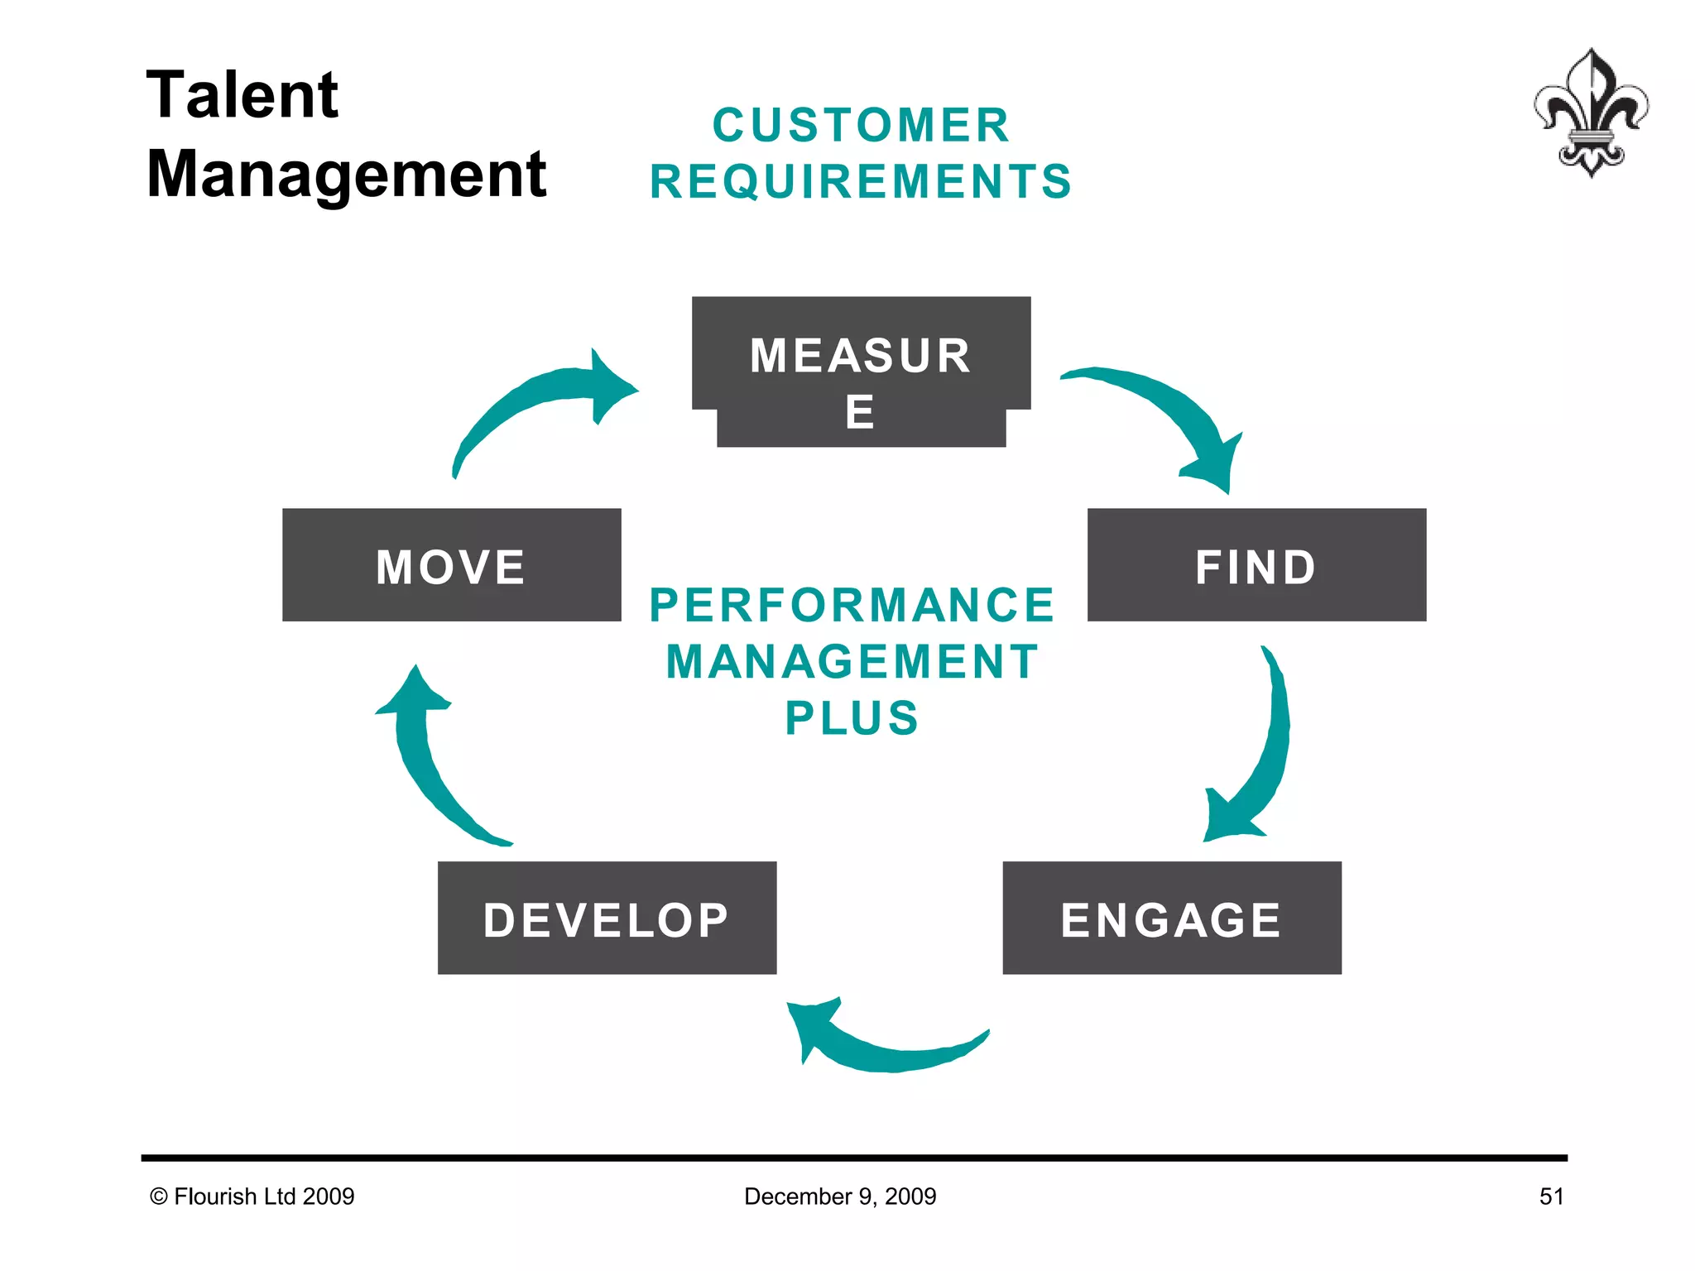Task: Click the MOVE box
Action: pos(451,565)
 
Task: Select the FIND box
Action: pos(1256,565)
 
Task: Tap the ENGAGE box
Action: pos(1171,918)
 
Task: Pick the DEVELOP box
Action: pos(607,918)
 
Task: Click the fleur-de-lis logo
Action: pos(1590,113)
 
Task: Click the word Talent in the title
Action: pos(242,94)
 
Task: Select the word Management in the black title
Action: pos(346,174)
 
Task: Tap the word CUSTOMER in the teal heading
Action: pos(861,125)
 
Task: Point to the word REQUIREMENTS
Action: pos(861,181)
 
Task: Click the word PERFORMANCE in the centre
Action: pos(852,605)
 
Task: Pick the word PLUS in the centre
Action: pos(852,717)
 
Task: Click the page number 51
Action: pos(1551,1197)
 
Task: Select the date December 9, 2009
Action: pos(840,1197)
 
